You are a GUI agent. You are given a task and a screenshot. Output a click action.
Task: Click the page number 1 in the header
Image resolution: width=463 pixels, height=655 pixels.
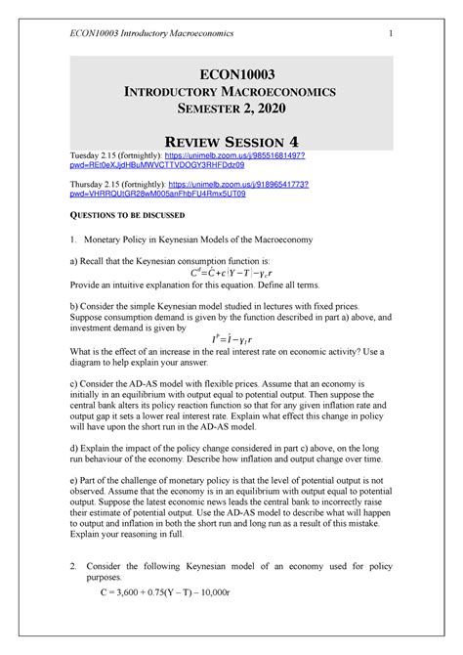point(390,37)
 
